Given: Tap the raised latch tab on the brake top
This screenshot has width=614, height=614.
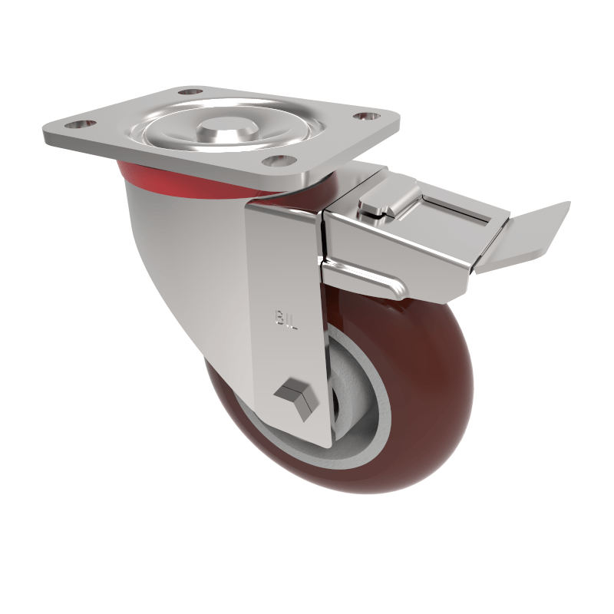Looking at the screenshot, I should click(x=381, y=200).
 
